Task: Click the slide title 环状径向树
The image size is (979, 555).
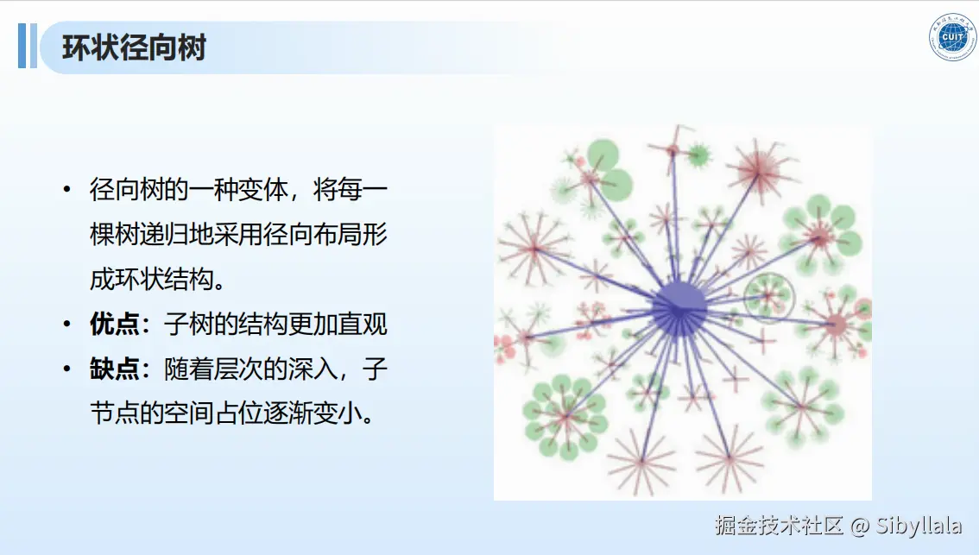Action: pyautogui.click(x=134, y=47)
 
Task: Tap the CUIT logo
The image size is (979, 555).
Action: pyautogui.click(x=953, y=37)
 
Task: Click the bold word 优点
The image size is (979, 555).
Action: pyautogui.click(x=114, y=324)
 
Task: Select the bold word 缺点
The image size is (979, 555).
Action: pyautogui.click(x=114, y=369)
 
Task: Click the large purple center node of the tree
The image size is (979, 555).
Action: pyautogui.click(x=679, y=308)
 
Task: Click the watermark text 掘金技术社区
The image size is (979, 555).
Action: pyautogui.click(x=779, y=526)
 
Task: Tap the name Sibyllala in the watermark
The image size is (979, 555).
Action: pyautogui.click(x=919, y=526)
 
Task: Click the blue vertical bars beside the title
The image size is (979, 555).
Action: pyautogui.click(x=28, y=46)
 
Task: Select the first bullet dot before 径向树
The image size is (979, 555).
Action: pyautogui.click(x=66, y=189)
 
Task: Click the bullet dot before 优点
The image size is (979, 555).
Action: pyautogui.click(x=66, y=324)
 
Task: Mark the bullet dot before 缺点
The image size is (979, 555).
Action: pyautogui.click(x=66, y=369)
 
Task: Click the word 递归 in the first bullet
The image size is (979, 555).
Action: pyautogui.click(x=164, y=234)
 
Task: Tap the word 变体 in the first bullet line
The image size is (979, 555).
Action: pyautogui.click(x=263, y=189)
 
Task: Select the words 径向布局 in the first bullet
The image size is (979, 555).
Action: pyautogui.click(x=313, y=234)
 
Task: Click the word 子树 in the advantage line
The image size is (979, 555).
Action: pyautogui.click(x=188, y=324)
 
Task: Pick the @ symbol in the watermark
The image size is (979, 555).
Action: pyautogui.click(x=860, y=527)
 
